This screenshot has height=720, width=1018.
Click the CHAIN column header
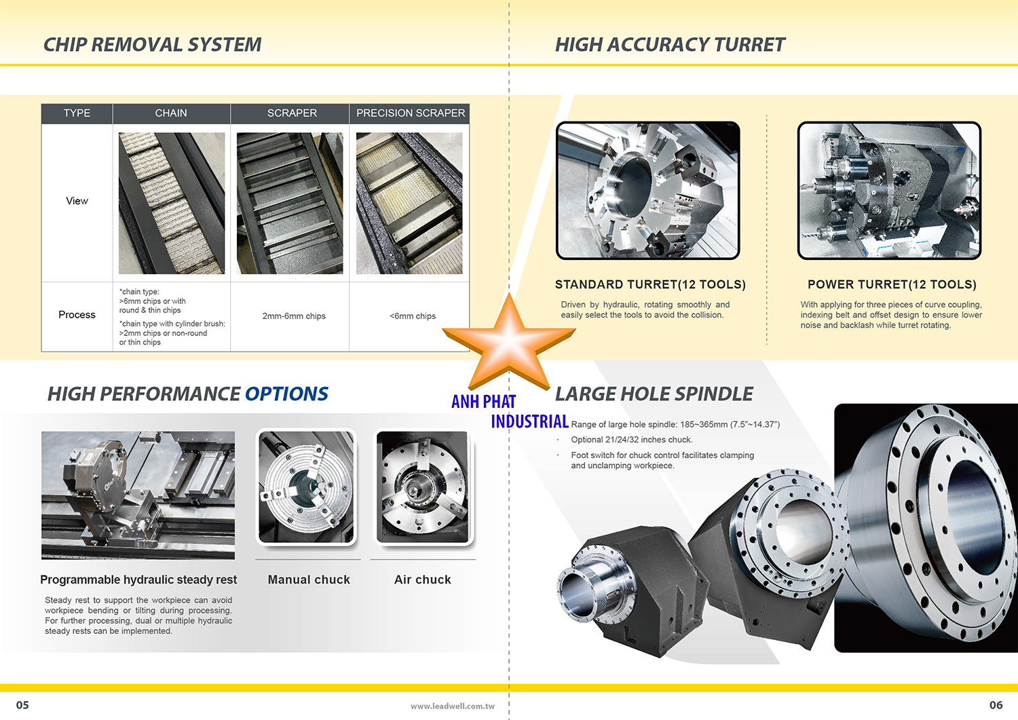[171, 113]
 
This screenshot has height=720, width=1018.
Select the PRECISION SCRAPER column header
[411, 113]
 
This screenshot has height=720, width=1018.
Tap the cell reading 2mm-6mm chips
[294, 316]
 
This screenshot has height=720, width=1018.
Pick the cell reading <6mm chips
[412, 316]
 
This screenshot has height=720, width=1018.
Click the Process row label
[77, 315]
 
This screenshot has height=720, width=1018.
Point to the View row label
[77, 201]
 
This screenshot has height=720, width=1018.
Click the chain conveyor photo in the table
[172, 203]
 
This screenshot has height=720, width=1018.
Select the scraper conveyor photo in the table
[290, 203]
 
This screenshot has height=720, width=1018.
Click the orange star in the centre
[509, 342]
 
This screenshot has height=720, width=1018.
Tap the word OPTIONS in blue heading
[286, 394]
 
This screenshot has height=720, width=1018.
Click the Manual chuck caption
[309, 580]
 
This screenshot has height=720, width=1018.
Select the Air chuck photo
[423, 487]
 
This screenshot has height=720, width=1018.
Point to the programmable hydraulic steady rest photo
[138, 495]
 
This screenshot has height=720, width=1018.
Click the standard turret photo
[648, 191]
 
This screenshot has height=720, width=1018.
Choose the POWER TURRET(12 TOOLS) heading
[892, 284]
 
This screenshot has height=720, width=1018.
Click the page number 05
[22, 705]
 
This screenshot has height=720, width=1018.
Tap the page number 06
[996, 705]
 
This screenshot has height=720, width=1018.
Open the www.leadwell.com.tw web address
[452, 706]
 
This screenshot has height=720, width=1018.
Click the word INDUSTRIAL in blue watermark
[529, 421]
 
